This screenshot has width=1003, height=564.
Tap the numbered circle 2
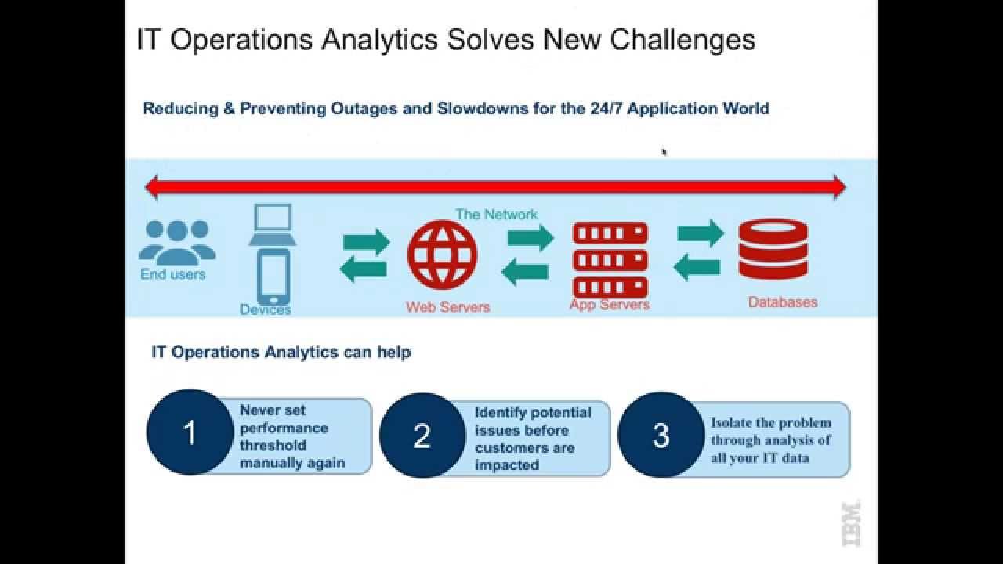[x=422, y=436]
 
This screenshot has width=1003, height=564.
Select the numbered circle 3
[x=661, y=435]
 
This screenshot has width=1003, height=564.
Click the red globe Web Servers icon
[x=442, y=255]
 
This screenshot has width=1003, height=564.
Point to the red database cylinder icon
[x=773, y=248]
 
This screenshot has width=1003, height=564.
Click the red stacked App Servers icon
[x=610, y=259]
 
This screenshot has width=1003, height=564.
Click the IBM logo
[x=851, y=522]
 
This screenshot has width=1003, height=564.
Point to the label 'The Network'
[x=497, y=215]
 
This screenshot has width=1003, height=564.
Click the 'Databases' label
[x=782, y=302]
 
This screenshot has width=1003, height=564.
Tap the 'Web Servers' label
[x=447, y=307]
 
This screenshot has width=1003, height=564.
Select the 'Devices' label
[x=266, y=310]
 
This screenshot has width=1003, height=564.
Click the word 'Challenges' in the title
[x=682, y=39]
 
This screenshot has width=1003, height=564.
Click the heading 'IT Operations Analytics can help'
[x=281, y=352]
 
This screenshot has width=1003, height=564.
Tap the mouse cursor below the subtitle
[x=664, y=152]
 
